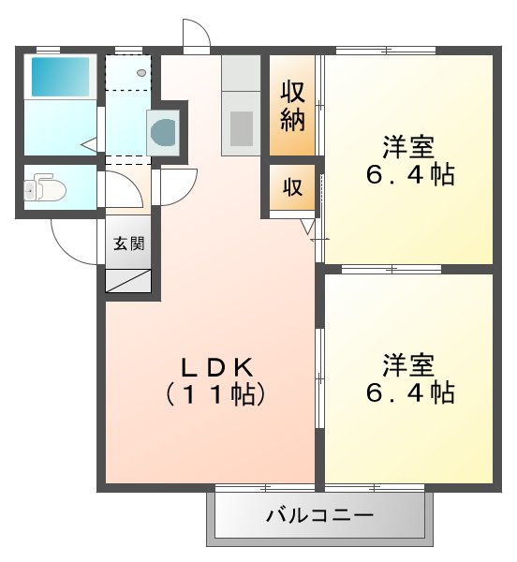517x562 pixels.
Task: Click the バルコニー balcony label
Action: click(320, 514)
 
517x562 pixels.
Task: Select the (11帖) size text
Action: click(216, 393)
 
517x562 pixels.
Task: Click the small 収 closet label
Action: click(293, 186)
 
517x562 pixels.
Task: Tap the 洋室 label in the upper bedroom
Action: click(407, 147)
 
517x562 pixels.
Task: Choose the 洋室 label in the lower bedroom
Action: click(407, 363)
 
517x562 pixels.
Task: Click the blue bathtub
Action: click(61, 76)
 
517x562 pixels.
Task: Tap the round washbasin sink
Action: click(162, 131)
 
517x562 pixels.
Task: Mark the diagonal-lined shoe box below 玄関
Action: click(128, 281)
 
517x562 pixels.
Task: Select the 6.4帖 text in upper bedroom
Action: click(407, 175)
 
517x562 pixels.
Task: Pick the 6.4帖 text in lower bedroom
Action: click(407, 392)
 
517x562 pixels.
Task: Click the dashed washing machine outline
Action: click(129, 72)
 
